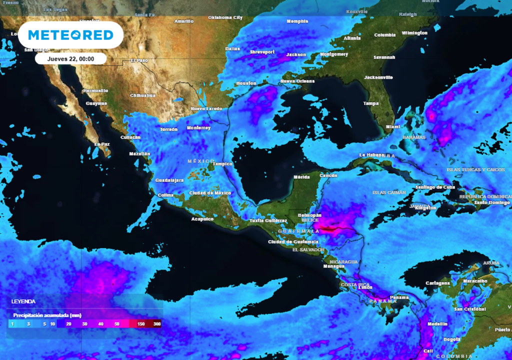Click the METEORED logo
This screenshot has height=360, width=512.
pos(70,35)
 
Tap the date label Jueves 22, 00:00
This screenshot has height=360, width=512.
pos(70,58)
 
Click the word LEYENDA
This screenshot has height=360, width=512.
pos(23,302)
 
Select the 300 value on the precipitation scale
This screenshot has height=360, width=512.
pos(157,324)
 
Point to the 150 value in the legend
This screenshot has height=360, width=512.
pos(141,324)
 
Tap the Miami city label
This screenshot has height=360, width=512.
pos(393,127)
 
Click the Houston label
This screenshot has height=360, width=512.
pos(246,83)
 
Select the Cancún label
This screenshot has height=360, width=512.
pos(328,175)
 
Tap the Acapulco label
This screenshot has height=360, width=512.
pos(202,219)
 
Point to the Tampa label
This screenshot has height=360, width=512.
pos(371,103)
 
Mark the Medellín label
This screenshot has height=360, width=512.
pos(437,324)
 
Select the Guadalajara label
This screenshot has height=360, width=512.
pos(169,180)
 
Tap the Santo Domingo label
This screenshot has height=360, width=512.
pos(492,202)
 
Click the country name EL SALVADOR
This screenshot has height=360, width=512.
pos(308,249)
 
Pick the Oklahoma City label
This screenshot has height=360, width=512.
pos(225,17)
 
